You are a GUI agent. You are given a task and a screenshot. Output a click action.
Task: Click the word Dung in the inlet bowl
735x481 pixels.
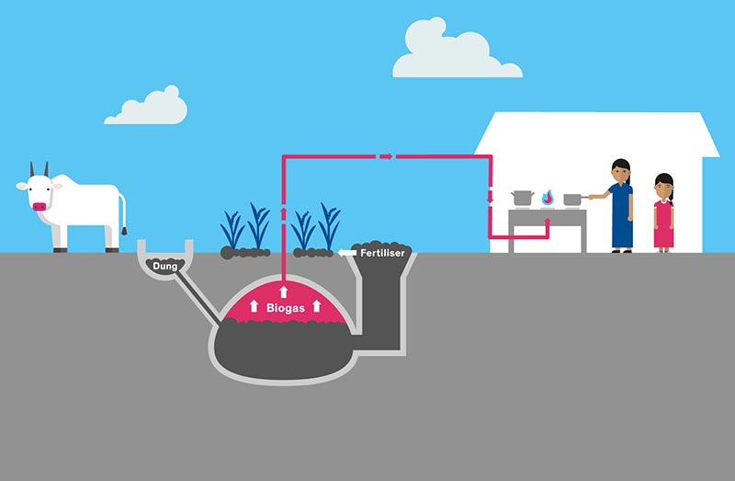pyautogui.click(x=165, y=266)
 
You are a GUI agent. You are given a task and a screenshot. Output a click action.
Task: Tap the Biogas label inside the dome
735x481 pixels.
pyautogui.click(x=286, y=308)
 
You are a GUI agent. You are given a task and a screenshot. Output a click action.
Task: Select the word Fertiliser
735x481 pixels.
pyautogui.click(x=382, y=253)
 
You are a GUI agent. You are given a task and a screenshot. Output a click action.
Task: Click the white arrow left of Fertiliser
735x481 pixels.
pyautogui.click(x=347, y=253)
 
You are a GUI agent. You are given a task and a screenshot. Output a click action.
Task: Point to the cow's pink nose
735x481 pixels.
pyautogui.click(x=40, y=207)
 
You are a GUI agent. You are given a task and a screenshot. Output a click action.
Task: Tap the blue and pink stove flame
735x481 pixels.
pyautogui.click(x=548, y=198)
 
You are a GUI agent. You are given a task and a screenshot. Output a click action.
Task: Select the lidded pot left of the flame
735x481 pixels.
pyautogui.click(x=523, y=198)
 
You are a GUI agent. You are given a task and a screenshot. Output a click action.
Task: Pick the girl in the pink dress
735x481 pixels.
pyautogui.click(x=663, y=213)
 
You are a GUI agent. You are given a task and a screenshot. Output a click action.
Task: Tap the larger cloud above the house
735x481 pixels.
pyautogui.click(x=457, y=50)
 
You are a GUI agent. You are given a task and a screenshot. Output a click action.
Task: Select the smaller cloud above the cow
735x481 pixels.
pyautogui.click(x=146, y=107)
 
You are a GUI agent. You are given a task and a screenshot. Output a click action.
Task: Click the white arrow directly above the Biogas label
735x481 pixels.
pyautogui.click(x=284, y=292)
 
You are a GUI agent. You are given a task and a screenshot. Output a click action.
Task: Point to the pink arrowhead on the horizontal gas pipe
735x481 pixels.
pyautogui.click(x=386, y=156)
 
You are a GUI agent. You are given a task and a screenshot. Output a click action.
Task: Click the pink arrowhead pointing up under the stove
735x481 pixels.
pyautogui.click(x=547, y=222)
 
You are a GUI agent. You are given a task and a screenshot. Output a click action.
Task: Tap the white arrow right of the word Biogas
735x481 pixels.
pyautogui.click(x=317, y=305)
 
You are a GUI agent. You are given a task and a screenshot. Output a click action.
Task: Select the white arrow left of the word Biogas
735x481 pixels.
pyautogui.click(x=254, y=305)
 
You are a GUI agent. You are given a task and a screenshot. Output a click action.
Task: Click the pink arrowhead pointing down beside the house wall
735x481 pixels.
pyautogui.click(x=490, y=197)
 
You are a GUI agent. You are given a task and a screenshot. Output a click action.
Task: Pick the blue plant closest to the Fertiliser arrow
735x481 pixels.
pyautogui.click(x=330, y=227)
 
